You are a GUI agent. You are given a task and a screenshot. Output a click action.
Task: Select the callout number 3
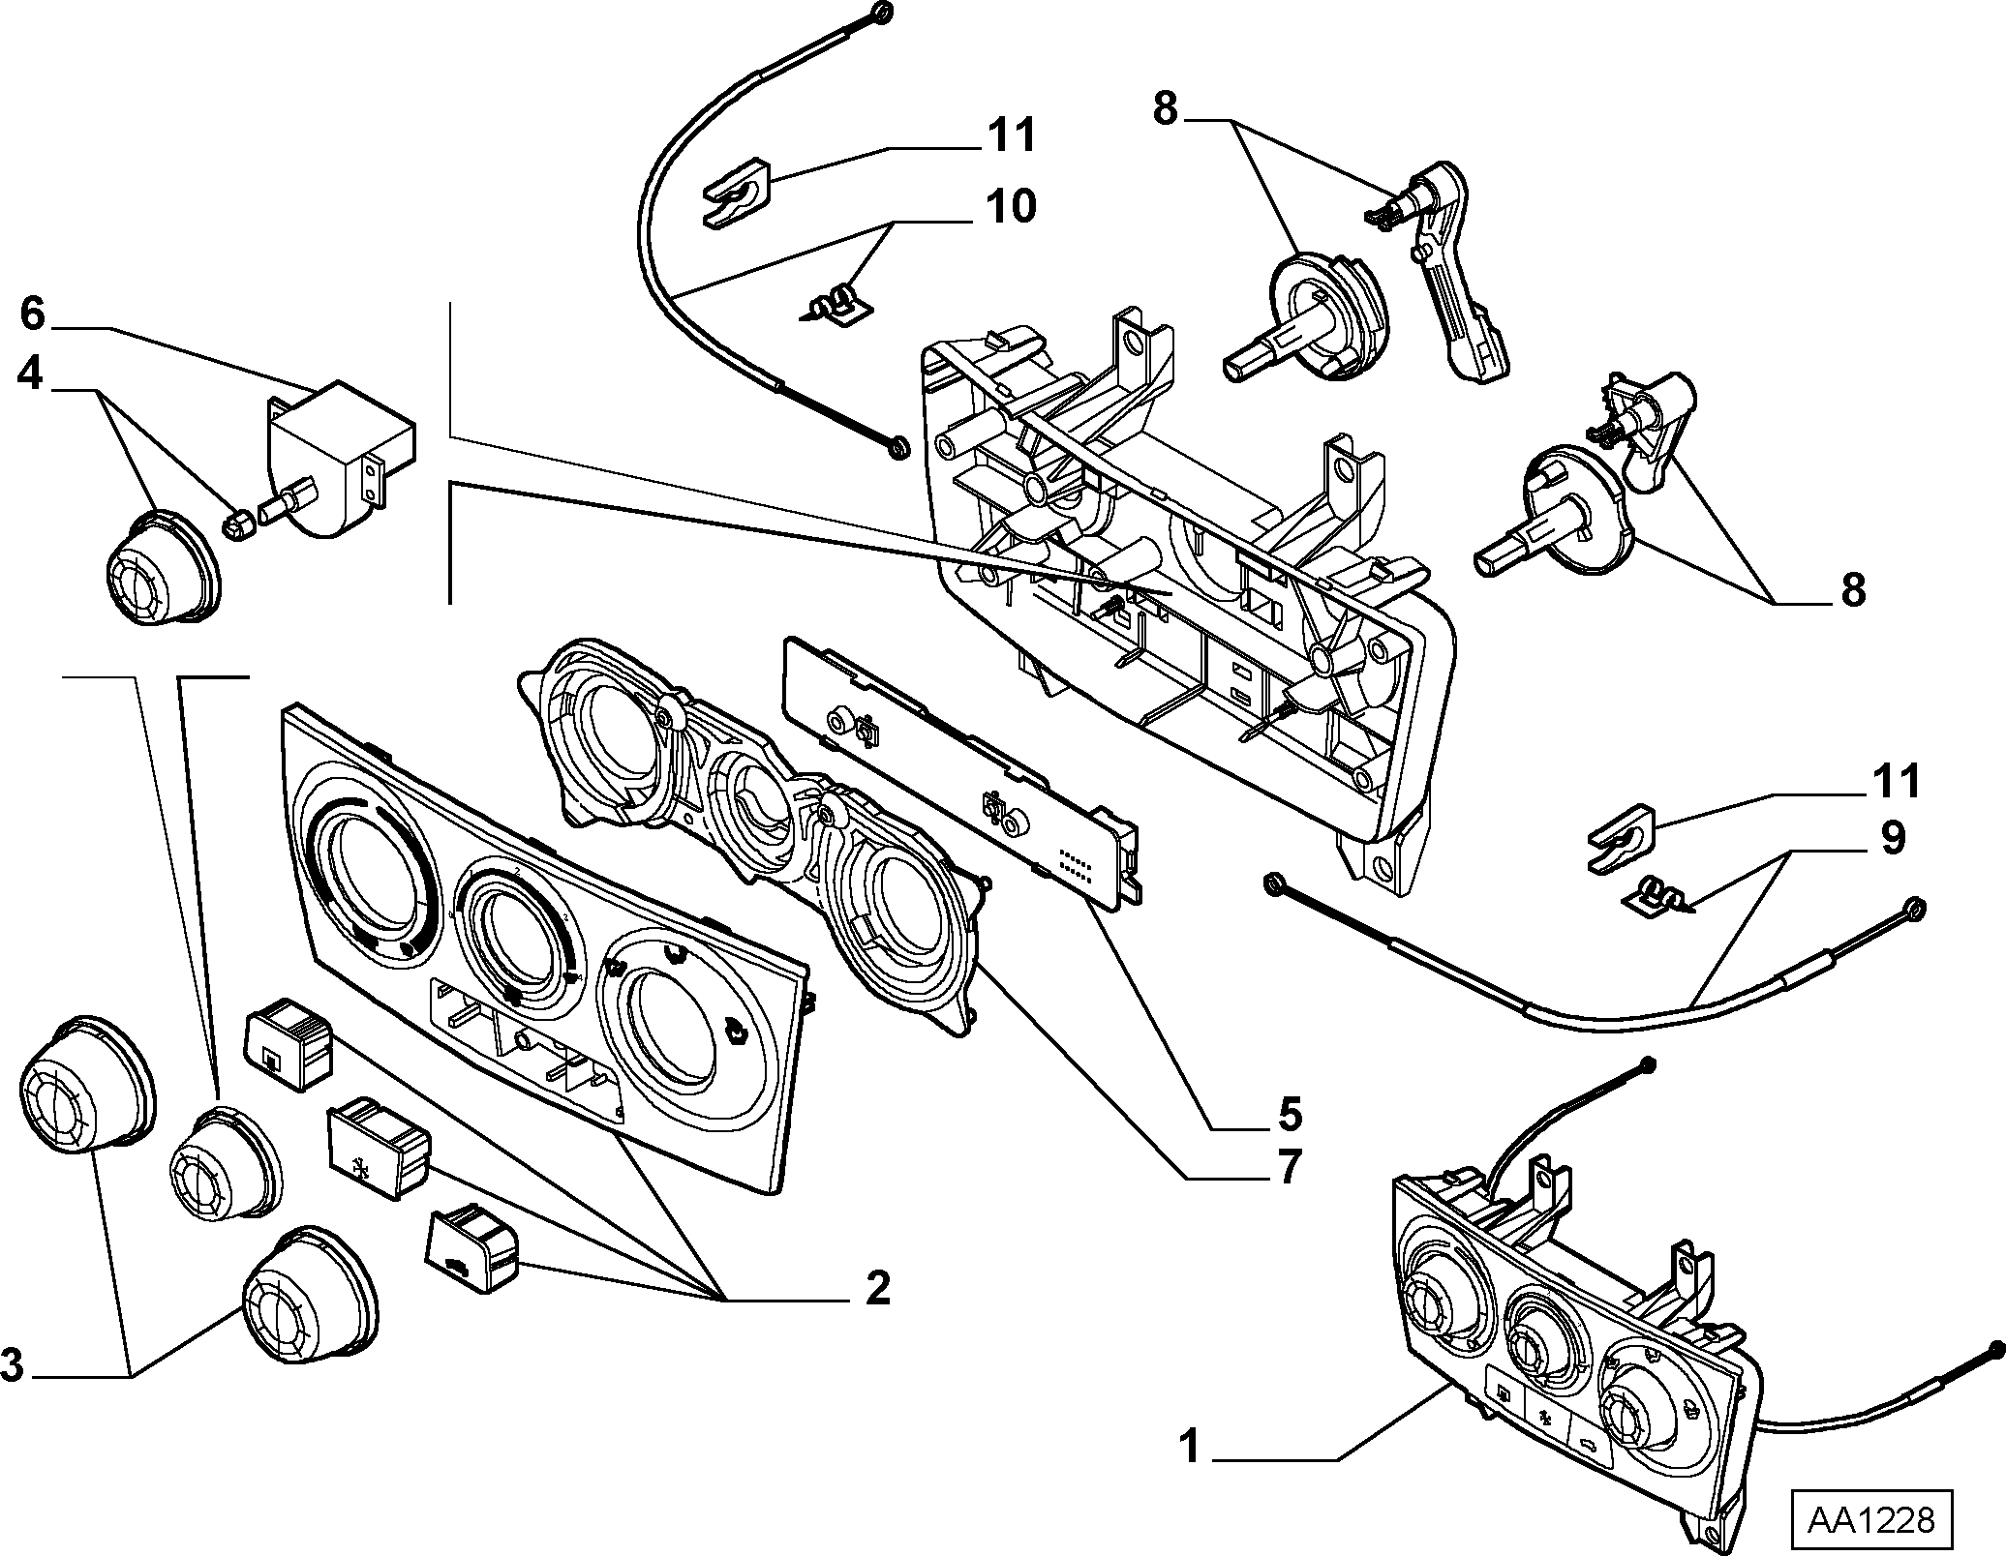(x=12, y=1366)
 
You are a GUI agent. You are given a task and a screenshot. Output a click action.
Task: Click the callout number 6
(x=33, y=314)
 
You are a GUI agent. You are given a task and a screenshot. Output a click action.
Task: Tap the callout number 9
(x=1892, y=838)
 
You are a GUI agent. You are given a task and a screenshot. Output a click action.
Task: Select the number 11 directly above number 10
(x=1011, y=135)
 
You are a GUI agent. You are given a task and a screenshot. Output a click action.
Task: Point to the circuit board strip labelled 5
(x=960, y=772)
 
